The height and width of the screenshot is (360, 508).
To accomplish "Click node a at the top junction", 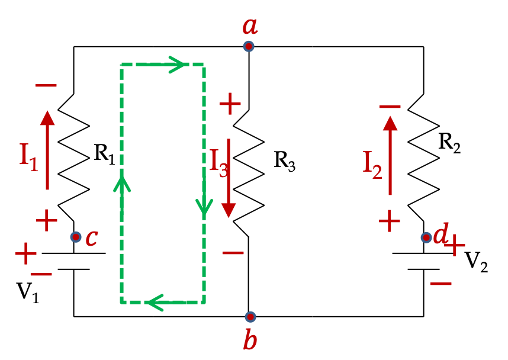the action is pyautogui.click(x=249, y=46).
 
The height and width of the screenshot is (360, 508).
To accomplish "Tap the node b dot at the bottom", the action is pyautogui.click(x=250, y=317).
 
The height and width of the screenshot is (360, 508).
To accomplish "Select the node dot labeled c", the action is pyautogui.click(x=76, y=237).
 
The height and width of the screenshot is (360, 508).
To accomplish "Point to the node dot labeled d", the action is pyautogui.click(x=426, y=237).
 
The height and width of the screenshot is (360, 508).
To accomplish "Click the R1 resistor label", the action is pyautogui.click(x=104, y=154).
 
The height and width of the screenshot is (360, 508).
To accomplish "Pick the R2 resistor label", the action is pyautogui.click(x=449, y=143).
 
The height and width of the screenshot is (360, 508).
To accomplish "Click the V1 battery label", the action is pyautogui.click(x=28, y=292).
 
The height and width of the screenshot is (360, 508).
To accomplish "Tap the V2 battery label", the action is pyautogui.click(x=476, y=262).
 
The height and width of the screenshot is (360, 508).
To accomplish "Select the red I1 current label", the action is pyautogui.click(x=29, y=157).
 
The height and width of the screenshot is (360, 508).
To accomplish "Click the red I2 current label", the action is pyautogui.click(x=372, y=165).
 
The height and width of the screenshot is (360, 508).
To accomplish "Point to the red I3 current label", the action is pyautogui.click(x=219, y=163).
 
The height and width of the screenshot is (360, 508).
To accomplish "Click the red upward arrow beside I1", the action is pyautogui.click(x=47, y=150).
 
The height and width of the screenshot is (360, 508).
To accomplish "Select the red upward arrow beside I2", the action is pyautogui.click(x=390, y=156).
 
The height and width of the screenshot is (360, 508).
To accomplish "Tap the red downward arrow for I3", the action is pyautogui.click(x=229, y=178).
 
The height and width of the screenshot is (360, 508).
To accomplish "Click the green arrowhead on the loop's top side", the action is pyautogui.click(x=177, y=65).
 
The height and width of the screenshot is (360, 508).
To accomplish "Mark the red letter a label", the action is pyautogui.click(x=250, y=26).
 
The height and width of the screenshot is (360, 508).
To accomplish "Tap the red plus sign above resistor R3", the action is pyautogui.click(x=230, y=104).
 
